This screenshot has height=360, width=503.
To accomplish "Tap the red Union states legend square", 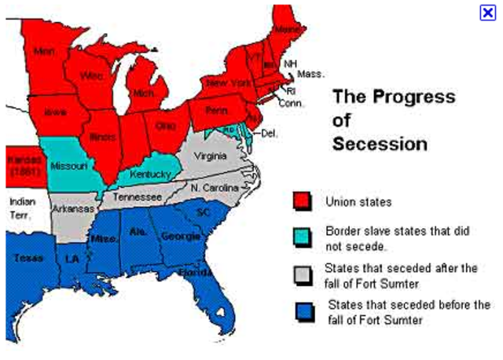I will pyautogui.click(x=302, y=202).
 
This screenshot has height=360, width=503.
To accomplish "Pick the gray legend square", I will pyautogui.click(x=302, y=273).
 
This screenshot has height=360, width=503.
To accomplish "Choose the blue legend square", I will pyautogui.click(x=302, y=310).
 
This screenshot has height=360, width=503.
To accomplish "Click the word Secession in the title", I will pyautogui.click(x=380, y=145).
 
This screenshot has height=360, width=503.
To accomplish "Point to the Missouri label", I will pyautogui.click(x=68, y=166).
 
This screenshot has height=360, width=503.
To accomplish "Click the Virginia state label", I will pyautogui.click(x=210, y=156).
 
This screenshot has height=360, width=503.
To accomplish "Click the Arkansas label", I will pyautogui.click(x=73, y=209).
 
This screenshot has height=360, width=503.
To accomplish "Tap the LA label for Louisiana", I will pyautogui.click(x=72, y=259).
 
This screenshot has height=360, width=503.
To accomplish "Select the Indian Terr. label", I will pyautogui.click(x=22, y=208).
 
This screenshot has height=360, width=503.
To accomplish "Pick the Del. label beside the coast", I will pyautogui.click(x=270, y=134).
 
